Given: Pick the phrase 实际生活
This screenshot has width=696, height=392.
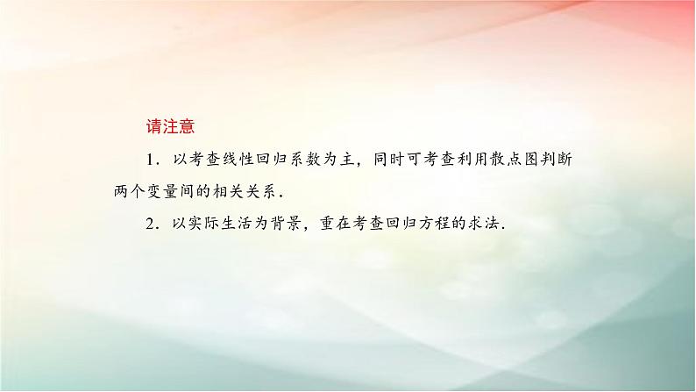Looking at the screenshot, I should (x=224, y=223).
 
